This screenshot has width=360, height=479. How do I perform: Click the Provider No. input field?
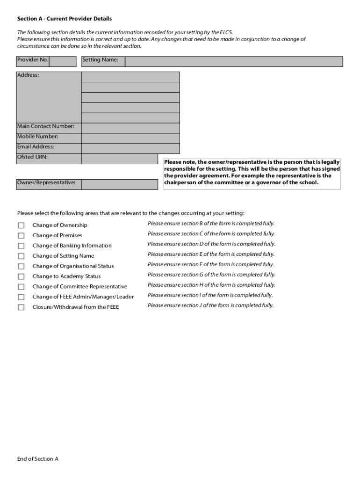63,62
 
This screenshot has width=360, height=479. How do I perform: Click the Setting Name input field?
234,62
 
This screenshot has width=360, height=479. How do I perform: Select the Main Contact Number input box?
130,128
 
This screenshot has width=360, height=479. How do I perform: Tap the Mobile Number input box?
130,138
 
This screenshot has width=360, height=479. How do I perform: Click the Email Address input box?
130,149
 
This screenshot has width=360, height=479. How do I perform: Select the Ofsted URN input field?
120,159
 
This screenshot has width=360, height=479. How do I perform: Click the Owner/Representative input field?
120,184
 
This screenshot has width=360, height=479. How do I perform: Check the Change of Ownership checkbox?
21,225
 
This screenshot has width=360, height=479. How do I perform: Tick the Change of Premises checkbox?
21,236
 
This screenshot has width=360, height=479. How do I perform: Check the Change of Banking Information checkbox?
21,246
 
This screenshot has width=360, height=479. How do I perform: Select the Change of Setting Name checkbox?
21,256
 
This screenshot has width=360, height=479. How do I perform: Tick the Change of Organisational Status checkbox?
21,267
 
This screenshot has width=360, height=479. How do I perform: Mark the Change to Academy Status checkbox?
21,277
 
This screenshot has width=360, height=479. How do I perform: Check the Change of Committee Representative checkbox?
21,287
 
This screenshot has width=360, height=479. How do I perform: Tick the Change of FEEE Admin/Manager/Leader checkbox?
21,298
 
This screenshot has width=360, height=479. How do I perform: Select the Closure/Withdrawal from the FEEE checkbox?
21,308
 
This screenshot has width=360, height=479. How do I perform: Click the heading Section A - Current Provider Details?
65,19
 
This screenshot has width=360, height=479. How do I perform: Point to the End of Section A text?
38,459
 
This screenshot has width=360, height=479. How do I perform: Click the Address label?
28,75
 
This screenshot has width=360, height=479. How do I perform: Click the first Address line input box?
130,77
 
